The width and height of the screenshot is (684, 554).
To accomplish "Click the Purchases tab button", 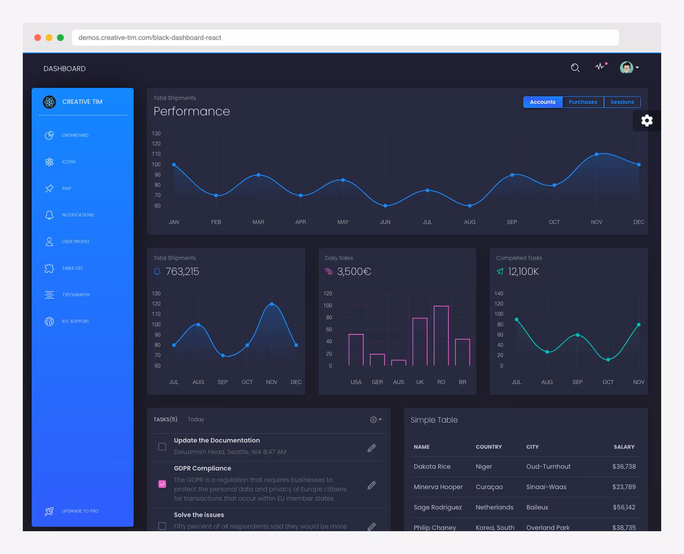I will [x=583, y=102].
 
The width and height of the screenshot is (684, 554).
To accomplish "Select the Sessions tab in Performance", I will [x=622, y=102].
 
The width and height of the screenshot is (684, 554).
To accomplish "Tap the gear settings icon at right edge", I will [x=647, y=120].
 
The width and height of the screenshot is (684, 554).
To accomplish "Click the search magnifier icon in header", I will [x=575, y=68].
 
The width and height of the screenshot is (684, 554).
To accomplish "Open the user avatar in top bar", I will [x=626, y=68].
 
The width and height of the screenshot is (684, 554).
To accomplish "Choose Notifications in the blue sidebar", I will [x=78, y=215].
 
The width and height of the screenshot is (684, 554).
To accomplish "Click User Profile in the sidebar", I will [x=75, y=242].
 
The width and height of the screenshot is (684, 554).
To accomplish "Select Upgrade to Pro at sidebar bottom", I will [x=80, y=511].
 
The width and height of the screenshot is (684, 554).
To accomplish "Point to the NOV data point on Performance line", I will [x=597, y=154].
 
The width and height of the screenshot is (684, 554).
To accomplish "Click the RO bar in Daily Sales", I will [x=441, y=336].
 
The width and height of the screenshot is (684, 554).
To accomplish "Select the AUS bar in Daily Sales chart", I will [x=398, y=362].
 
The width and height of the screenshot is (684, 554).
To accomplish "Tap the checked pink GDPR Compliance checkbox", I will [x=162, y=484].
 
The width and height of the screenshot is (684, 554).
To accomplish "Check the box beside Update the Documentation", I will [x=162, y=447].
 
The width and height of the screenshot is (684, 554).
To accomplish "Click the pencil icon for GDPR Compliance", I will [x=372, y=485].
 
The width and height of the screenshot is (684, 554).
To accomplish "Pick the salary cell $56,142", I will [x=624, y=507].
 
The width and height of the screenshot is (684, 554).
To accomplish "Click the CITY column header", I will [x=532, y=447].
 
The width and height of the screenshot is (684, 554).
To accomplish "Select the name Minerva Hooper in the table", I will [x=438, y=487].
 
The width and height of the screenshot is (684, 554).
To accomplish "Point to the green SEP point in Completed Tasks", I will [x=577, y=335].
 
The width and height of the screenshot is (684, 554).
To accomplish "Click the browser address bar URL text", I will [x=150, y=38].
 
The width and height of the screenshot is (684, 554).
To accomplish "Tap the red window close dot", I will [x=38, y=38].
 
